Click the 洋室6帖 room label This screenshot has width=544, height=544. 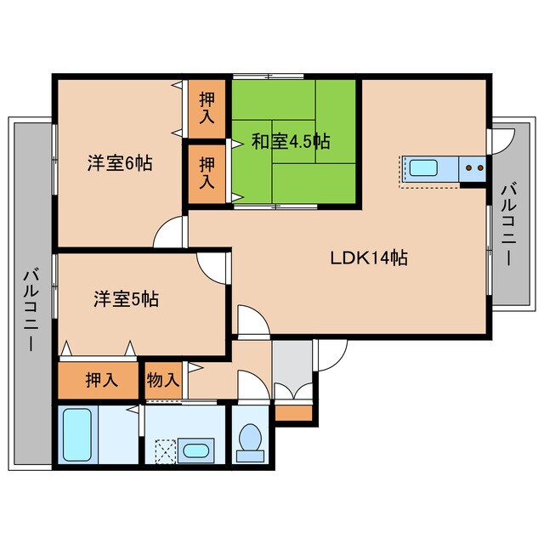pyautogui.click(x=120, y=163)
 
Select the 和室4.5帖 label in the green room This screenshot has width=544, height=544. pyautogui.click(x=291, y=141)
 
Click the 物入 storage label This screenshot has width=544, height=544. pyautogui.click(x=163, y=379)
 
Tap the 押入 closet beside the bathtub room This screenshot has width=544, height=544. pyautogui.click(x=98, y=379)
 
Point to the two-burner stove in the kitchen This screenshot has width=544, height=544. pyautogui.click(x=473, y=168)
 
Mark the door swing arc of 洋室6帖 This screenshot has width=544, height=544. pyautogui.click(x=170, y=232)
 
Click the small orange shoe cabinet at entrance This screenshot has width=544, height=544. pyautogui.click(x=293, y=414)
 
